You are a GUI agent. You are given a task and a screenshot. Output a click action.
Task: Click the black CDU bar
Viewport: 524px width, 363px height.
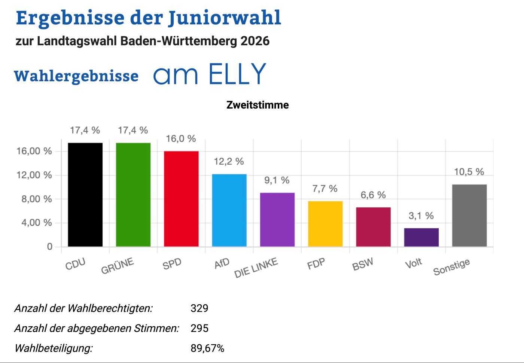pos(85,195)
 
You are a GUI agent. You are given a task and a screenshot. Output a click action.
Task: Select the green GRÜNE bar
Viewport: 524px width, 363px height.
pos(133,195)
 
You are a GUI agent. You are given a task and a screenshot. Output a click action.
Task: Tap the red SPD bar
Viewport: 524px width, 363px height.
pos(181,199)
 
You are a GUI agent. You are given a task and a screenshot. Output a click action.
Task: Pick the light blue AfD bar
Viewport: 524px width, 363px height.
pos(229,210)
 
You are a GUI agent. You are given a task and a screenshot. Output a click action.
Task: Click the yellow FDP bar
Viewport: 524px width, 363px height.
pos(325,224)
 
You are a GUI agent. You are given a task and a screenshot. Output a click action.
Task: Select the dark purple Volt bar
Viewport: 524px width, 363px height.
pos(421,237)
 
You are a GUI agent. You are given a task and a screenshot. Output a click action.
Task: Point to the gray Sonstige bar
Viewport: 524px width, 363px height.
pos(469,215)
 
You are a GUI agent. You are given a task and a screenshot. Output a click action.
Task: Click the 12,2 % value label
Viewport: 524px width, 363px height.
pos(229,161)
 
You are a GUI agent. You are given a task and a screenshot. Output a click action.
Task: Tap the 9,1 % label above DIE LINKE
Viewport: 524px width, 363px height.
pos(277,180)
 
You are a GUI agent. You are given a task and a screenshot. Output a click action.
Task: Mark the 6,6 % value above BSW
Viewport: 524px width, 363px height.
pos(373,195)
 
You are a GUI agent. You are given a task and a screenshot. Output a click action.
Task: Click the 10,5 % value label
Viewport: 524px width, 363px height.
pos(469,172)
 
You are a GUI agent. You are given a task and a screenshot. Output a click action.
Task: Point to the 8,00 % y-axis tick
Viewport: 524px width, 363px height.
pos(37,199)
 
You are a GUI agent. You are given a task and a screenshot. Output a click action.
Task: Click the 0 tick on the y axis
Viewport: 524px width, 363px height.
pos(49,247)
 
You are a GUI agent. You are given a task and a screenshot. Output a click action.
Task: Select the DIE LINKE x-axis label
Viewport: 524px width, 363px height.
pos(256,268)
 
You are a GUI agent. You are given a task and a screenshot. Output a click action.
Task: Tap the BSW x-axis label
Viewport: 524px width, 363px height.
pos(363,265)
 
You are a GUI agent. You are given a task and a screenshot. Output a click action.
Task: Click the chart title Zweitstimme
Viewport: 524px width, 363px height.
pos(258,105)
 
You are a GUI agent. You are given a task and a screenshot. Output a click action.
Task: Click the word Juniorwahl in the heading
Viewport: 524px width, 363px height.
pos(225,18)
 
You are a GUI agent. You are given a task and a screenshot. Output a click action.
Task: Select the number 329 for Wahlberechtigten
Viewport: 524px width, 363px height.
pos(199,308)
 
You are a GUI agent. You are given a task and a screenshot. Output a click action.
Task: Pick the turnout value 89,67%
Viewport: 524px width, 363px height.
pos(207,348)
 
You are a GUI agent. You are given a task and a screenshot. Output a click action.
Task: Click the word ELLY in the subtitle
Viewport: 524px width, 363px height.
pos(237,74)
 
